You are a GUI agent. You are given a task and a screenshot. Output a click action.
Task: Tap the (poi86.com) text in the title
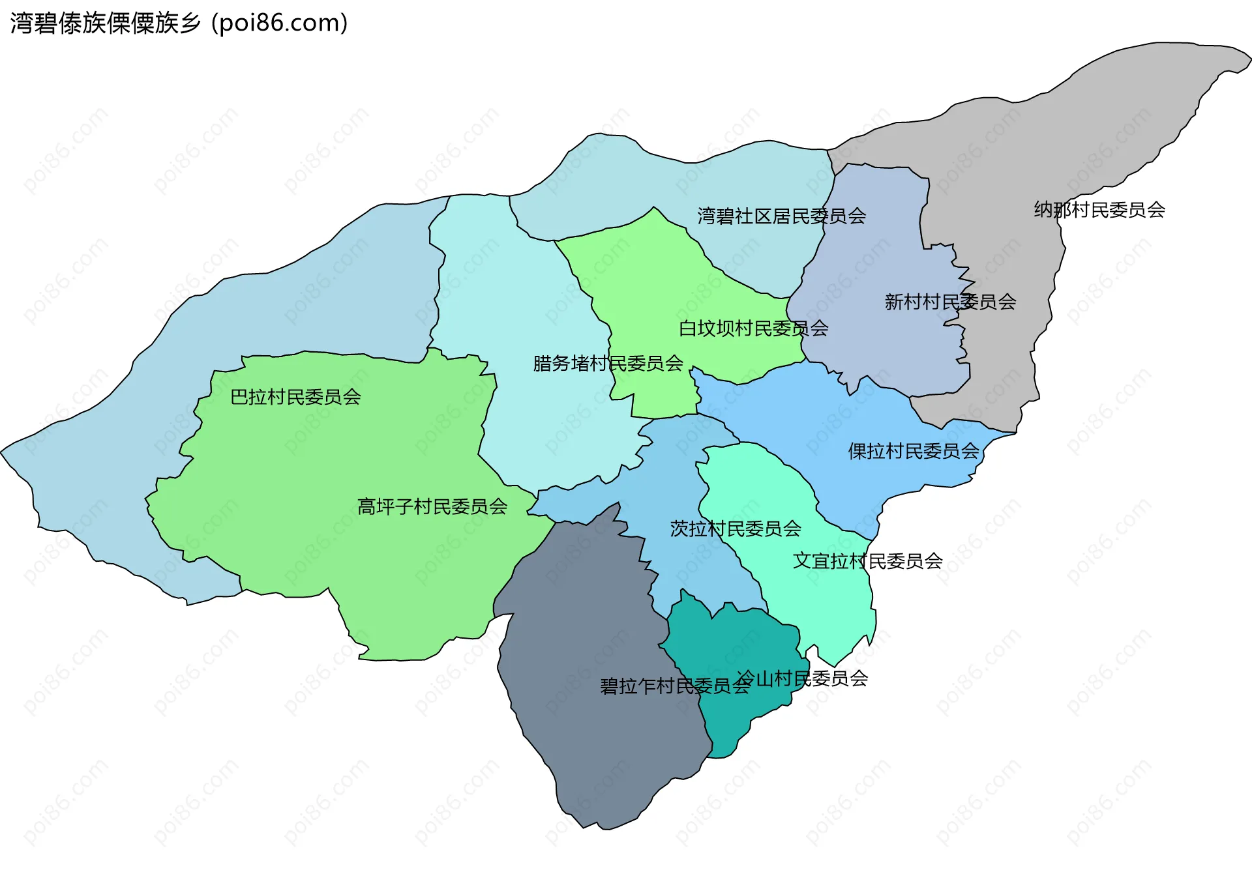pyautogui.click(x=279, y=23)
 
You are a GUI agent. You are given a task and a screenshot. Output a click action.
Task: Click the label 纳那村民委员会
pyautogui.click(x=1099, y=210)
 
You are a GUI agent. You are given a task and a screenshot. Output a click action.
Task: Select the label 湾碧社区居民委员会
pyautogui.click(x=781, y=216)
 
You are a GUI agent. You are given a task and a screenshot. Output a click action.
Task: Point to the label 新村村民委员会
pyautogui.click(x=950, y=302)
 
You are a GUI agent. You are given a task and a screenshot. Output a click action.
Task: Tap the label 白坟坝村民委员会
pyautogui.click(x=753, y=328)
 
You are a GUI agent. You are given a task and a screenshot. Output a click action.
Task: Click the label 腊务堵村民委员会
pyautogui.click(x=608, y=364)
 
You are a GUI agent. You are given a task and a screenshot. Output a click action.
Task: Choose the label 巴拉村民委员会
pyautogui.click(x=295, y=397)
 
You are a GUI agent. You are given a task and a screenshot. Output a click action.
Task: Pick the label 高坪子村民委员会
pyautogui.click(x=432, y=507)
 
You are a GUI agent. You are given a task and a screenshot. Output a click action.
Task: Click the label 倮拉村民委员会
pyautogui.click(x=914, y=451)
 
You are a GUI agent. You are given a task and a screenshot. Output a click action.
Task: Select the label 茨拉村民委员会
pyautogui.click(x=736, y=529)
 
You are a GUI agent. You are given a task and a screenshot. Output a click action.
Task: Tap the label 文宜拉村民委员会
pyautogui.click(x=867, y=561)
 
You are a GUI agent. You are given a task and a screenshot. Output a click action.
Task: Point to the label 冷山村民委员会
pyautogui.click(x=802, y=679)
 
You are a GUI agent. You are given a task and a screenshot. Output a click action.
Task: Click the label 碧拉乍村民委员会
pyautogui.click(x=675, y=686)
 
